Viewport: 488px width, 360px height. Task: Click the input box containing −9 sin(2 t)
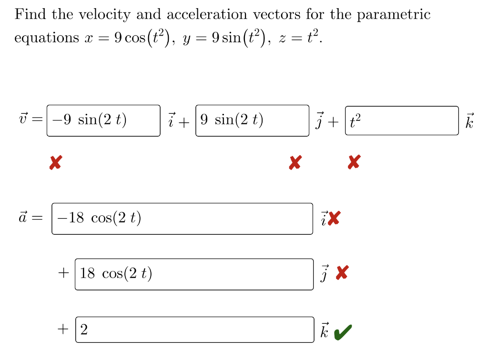pos(103,120)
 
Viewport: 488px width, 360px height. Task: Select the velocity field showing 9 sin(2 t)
pos(252,120)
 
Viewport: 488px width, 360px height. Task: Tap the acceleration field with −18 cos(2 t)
pos(182,219)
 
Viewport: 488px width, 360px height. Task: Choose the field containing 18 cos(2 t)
pos(194,274)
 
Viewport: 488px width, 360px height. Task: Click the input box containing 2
pos(194,330)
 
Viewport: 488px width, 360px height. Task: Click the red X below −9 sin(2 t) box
pos(55,163)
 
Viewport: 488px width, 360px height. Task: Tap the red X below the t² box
pos(353,163)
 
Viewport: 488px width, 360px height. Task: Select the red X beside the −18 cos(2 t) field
pos(335,219)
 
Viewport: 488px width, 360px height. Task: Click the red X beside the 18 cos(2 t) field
pos(342,273)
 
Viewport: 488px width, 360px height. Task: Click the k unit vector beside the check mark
pos(325,330)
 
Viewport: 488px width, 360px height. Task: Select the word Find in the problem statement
pos(30,15)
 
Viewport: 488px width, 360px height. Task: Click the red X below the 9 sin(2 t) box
pos(295,163)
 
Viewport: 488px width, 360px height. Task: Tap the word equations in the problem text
pos(47,38)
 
